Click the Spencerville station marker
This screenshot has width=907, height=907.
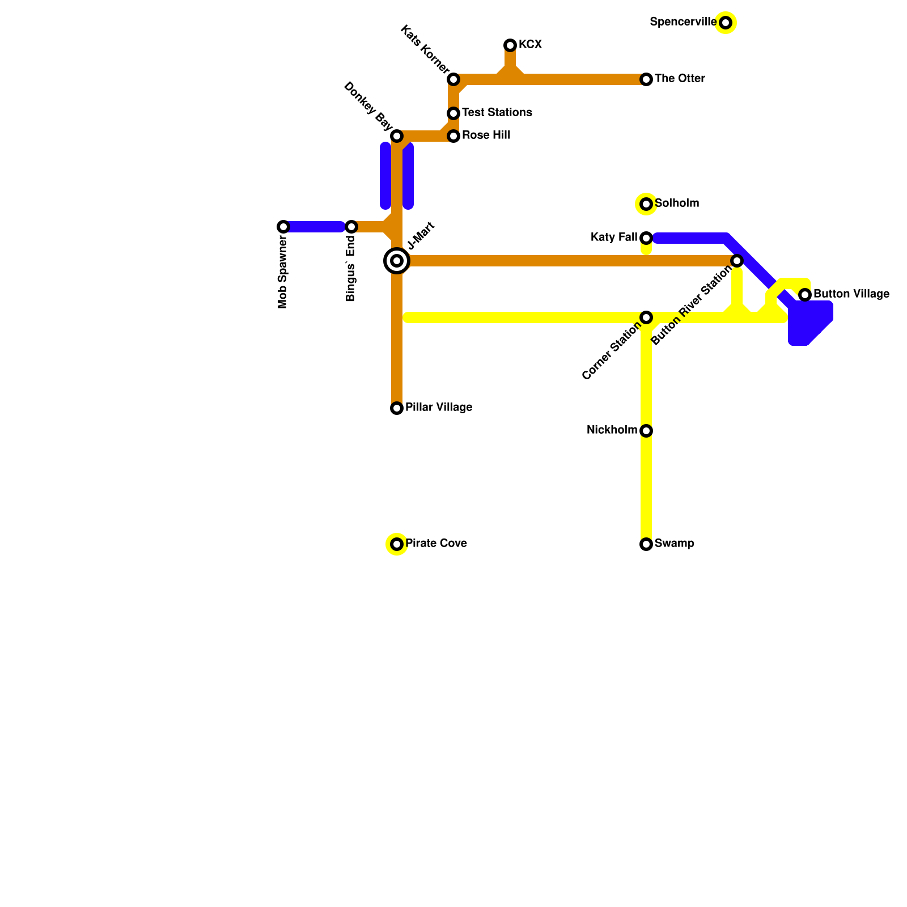pyautogui.click(x=726, y=23)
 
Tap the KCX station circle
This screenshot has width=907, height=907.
pyautogui.click(x=510, y=45)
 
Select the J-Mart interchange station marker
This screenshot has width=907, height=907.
pyautogui.click(x=397, y=261)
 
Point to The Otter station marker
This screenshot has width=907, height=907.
pyautogui.click(x=646, y=79)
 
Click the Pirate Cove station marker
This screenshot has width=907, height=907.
pyautogui.click(x=397, y=544)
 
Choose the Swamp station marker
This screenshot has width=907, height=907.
pyautogui.click(x=646, y=544)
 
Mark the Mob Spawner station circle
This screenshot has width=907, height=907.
pyautogui.click(x=283, y=227)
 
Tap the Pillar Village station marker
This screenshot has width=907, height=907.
pyautogui.click(x=397, y=408)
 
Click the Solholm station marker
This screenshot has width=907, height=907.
pyautogui.click(x=646, y=204)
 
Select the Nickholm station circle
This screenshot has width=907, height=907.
pyautogui.click(x=646, y=431)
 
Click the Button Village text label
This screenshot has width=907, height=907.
pyautogui.click(x=851, y=294)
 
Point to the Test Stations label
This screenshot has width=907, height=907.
pyautogui.click(x=497, y=113)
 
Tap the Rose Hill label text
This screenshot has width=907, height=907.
pyautogui.click(x=486, y=135)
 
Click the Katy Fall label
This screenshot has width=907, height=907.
pyautogui.click(x=613, y=238)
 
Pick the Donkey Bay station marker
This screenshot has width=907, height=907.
pyautogui.click(x=397, y=136)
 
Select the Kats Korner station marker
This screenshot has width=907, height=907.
pyautogui.click(x=453, y=79)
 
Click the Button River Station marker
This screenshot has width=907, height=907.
pyautogui.click(x=737, y=261)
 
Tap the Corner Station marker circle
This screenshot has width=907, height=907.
pyautogui.click(x=646, y=317)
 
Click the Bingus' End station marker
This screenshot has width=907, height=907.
pyautogui.click(x=351, y=227)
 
